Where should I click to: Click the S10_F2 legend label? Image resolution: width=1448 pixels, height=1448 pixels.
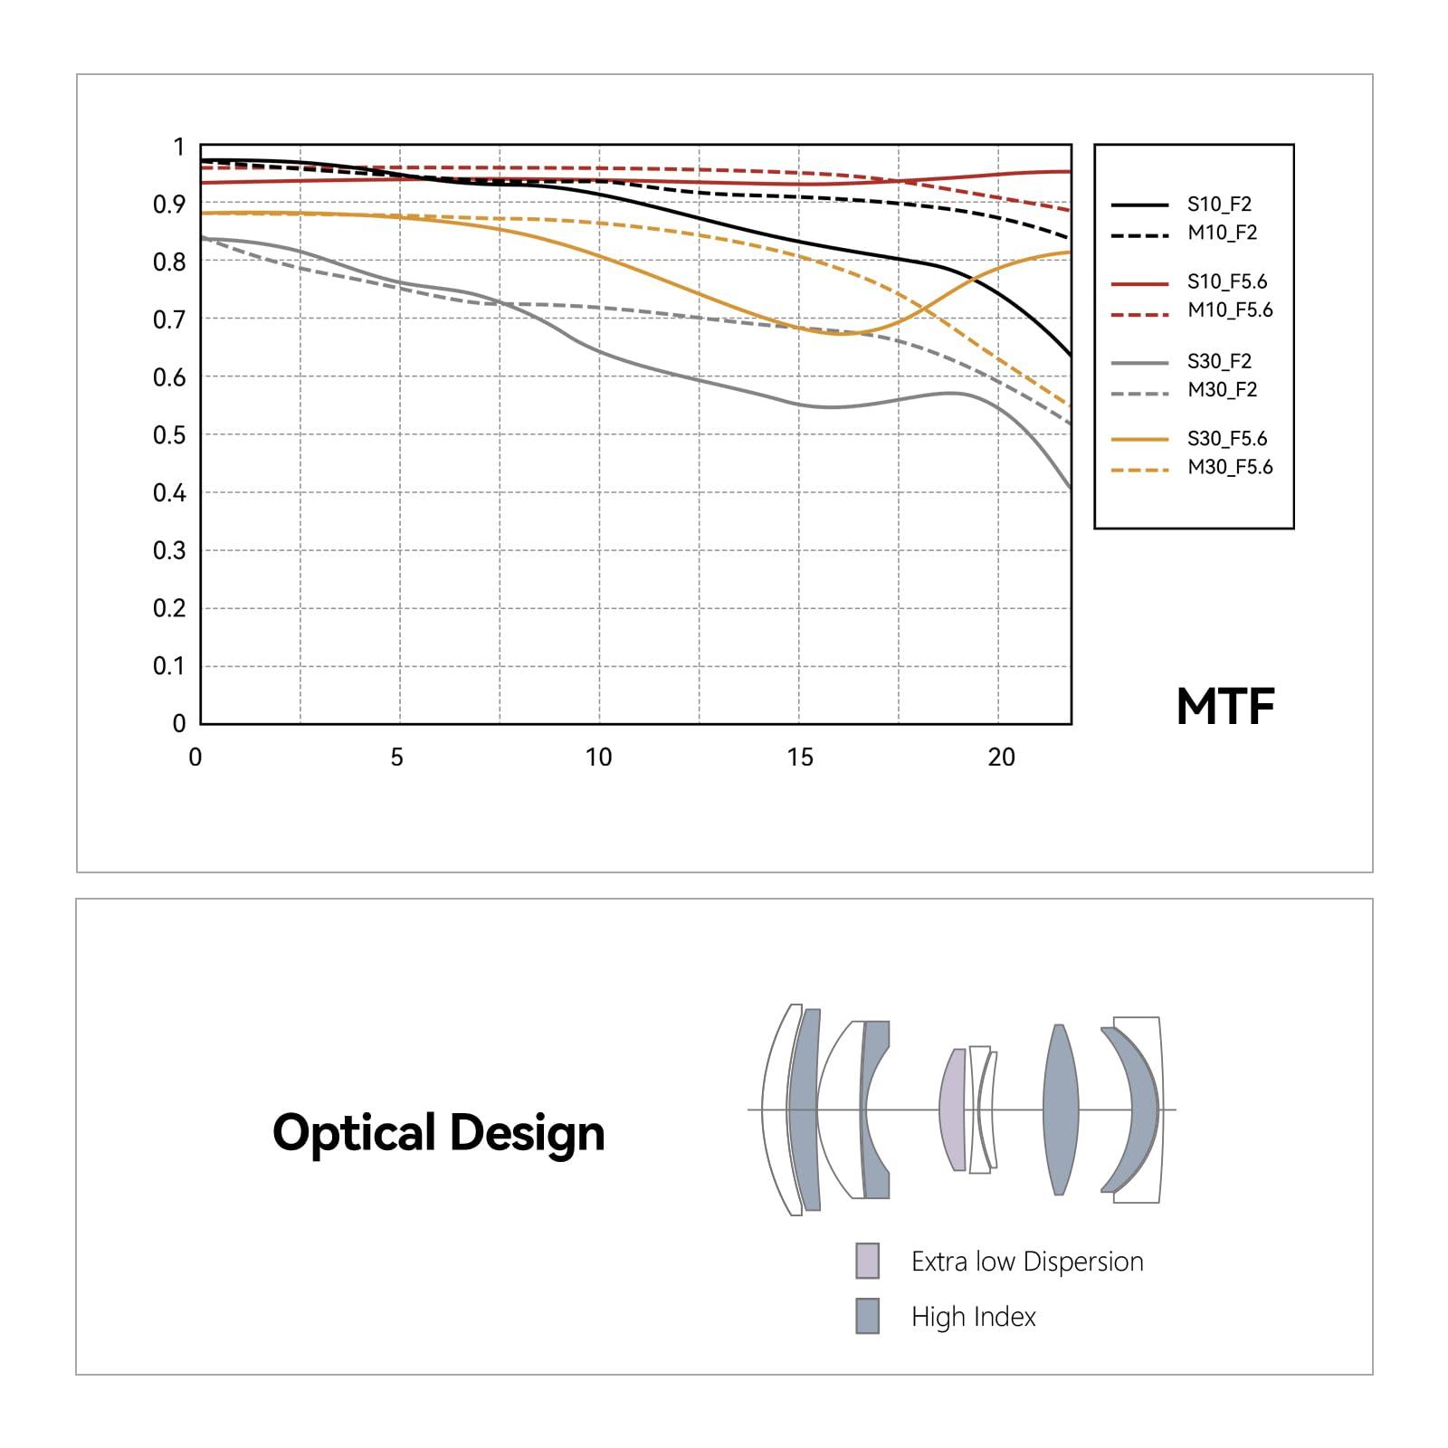tap(1219, 205)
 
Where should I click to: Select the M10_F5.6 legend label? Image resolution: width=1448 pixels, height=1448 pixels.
tap(1230, 310)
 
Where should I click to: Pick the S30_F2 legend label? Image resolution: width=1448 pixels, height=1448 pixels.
tap(1219, 362)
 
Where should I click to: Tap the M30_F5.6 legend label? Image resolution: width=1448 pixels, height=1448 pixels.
tap(1230, 467)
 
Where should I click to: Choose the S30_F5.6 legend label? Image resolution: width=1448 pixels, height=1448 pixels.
tap(1227, 439)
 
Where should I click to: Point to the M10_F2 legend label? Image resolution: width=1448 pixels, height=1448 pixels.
tap(1222, 233)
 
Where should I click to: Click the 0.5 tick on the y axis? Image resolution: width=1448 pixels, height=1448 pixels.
tap(169, 435)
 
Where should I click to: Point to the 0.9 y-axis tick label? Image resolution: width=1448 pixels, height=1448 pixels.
tap(169, 205)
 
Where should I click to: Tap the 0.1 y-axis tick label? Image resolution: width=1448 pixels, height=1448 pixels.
tap(169, 666)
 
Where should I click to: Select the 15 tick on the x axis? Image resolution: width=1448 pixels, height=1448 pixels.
tap(800, 757)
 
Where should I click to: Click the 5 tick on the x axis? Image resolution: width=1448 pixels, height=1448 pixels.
tap(396, 757)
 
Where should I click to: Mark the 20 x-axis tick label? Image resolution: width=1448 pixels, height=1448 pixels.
tap(1001, 757)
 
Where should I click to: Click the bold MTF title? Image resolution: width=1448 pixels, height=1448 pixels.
tap(1225, 707)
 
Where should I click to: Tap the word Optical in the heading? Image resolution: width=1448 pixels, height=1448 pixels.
tap(354, 1133)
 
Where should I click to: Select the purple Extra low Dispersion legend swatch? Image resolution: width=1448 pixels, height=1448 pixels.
tap(867, 1261)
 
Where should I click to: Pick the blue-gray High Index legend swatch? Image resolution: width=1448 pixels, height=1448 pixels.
tap(867, 1316)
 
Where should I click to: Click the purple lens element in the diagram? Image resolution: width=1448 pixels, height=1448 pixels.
tap(952, 1110)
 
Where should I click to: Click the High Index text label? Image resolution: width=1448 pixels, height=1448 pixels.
tap(973, 1317)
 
